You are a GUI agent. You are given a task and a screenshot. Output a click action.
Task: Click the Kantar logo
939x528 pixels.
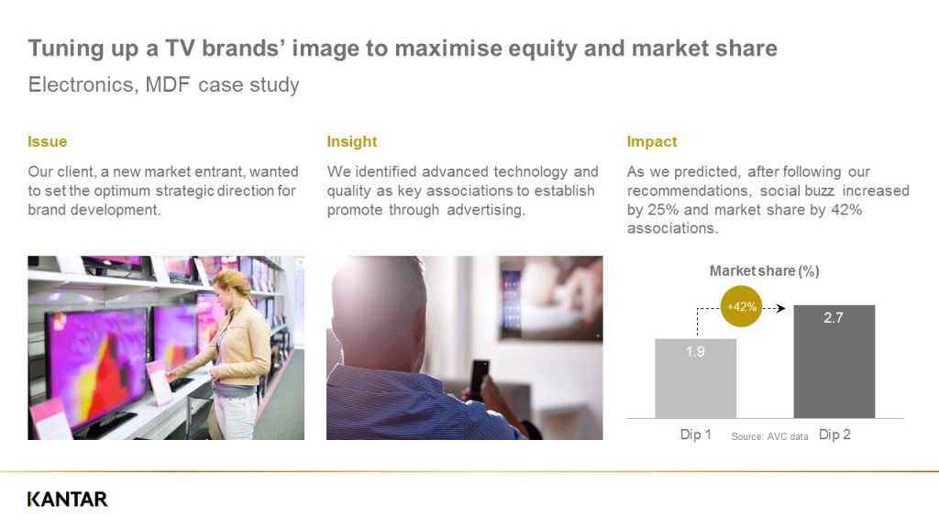click(68, 500)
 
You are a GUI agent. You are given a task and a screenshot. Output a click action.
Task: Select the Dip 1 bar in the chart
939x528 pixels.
click(695, 379)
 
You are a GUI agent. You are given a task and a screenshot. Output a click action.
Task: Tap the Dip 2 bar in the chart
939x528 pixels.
click(834, 361)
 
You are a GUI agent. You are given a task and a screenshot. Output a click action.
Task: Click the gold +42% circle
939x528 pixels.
click(741, 306)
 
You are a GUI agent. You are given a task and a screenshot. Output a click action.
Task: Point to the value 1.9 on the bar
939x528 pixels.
click(695, 351)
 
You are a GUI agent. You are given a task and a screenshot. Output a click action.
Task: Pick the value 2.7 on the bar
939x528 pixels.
click(834, 318)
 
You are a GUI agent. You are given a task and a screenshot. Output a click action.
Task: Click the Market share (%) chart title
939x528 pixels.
click(764, 271)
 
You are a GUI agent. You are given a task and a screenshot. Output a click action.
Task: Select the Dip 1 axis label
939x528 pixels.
click(696, 434)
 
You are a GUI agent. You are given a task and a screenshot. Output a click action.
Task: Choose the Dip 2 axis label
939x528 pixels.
click(834, 434)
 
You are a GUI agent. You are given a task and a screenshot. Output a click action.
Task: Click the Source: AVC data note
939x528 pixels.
click(769, 436)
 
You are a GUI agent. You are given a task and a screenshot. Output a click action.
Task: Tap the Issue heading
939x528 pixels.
click(48, 142)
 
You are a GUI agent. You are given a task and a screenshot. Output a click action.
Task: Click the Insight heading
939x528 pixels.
click(352, 142)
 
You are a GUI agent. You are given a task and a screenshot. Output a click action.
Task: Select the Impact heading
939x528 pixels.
click(652, 142)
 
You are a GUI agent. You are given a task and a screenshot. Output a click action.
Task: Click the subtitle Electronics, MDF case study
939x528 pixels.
click(163, 85)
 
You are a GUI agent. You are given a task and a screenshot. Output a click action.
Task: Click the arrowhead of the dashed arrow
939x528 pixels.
click(781, 308)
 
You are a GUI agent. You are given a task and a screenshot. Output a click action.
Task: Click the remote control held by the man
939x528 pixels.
click(480, 379)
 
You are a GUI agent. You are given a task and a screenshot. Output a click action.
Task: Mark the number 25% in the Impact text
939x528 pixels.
click(663, 210)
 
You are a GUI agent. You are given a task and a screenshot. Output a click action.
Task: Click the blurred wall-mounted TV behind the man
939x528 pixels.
click(551, 298)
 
